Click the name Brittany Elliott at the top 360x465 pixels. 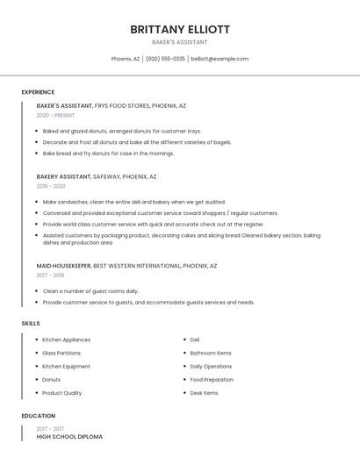tap(180, 29)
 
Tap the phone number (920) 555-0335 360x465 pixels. tap(166, 59)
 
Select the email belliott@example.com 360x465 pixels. tap(220, 59)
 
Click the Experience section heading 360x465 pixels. tap(38, 92)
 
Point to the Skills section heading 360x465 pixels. tap(31, 324)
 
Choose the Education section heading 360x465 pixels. tap(39, 416)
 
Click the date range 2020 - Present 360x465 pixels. tap(55, 115)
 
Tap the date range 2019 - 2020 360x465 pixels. tap(51, 186)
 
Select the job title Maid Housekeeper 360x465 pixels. tap(63, 265)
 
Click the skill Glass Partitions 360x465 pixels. tap(61, 353)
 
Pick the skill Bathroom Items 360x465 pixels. tap(211, 353)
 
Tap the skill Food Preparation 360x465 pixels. tap(212, 380)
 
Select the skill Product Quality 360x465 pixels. tap(61, 393)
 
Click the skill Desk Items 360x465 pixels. tap(204, 393)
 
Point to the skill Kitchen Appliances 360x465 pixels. tap(66, 340)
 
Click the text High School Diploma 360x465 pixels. tap(69, 436)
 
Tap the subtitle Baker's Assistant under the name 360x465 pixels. tap(180, 42)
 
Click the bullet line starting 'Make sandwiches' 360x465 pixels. tap(133, 202)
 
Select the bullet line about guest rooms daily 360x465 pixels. tap(90, 290)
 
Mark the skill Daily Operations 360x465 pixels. tap(211, 366)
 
